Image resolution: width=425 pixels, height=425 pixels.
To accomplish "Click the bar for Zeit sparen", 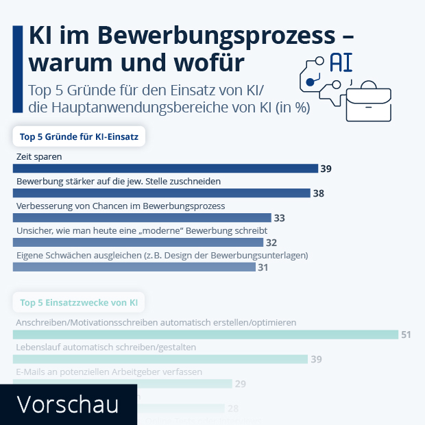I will [165, 169].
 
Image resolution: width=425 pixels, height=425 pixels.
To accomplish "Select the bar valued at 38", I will [162, 193].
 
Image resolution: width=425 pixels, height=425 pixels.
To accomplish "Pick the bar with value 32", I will [138, 243].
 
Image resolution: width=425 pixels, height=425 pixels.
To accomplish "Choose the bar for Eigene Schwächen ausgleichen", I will [134, 267].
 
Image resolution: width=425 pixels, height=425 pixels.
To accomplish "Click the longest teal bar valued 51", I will [206, 335].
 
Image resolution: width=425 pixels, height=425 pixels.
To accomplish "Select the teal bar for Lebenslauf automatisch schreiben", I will [160, 359].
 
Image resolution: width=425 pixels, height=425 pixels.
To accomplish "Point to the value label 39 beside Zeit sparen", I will [326, 169].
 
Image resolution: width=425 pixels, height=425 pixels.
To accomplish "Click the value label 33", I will [279, 218].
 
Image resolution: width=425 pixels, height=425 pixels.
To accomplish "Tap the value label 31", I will [263, 267].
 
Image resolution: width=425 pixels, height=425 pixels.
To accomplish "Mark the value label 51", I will [406, 335].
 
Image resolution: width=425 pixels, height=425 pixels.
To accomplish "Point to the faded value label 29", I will [241, 384].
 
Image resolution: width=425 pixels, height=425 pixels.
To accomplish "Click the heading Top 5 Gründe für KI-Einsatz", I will [79, 137].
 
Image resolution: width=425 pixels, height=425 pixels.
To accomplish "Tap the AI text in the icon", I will [341, 62].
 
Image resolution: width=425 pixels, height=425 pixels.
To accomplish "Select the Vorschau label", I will [66, 404].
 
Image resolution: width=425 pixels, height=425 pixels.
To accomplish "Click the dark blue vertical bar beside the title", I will [17, 69].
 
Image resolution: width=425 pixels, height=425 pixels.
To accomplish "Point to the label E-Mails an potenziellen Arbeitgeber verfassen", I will [108, 372].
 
